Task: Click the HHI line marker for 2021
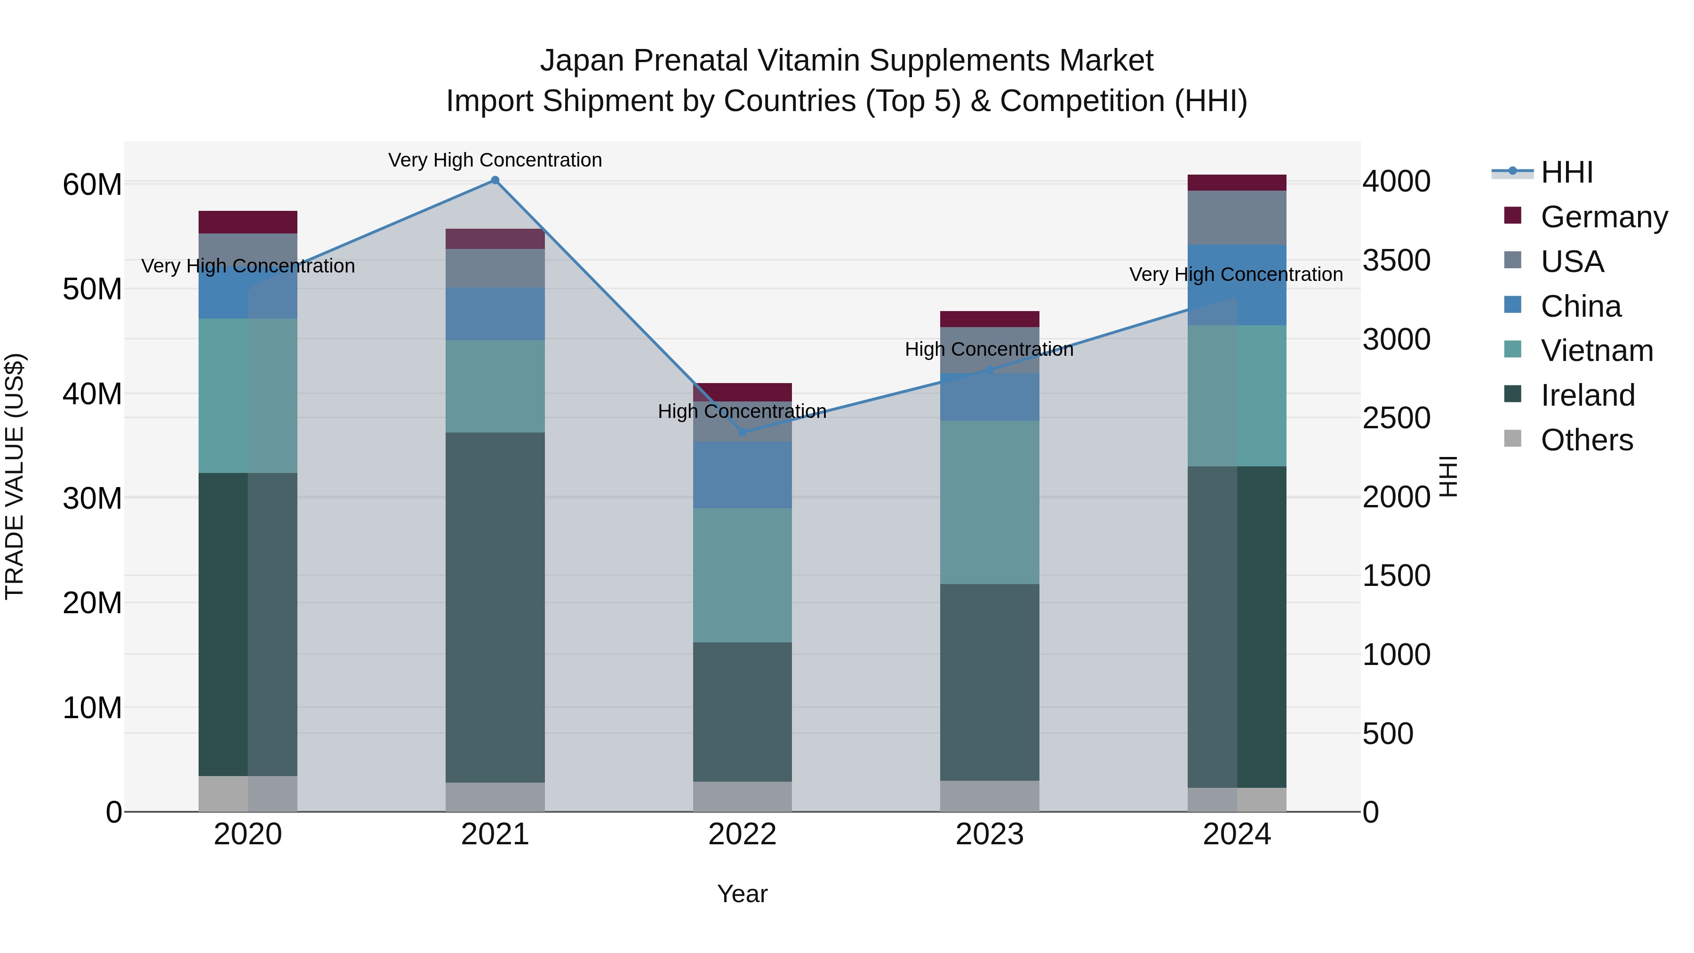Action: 495,180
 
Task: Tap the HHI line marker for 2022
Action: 743,432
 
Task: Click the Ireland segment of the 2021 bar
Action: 495,607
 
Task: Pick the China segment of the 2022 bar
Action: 743,475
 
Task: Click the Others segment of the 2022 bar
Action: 743,796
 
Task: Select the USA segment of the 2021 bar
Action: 495,268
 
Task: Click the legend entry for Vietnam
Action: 1596,351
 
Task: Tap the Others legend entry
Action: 1586,440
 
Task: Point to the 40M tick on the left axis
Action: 92,394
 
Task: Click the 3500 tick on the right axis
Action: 1396,260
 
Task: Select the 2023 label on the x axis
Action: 989,834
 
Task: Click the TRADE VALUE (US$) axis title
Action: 15,476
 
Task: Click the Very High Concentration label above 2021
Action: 495,160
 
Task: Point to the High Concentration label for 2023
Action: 989,349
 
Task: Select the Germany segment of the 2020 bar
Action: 248,222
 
